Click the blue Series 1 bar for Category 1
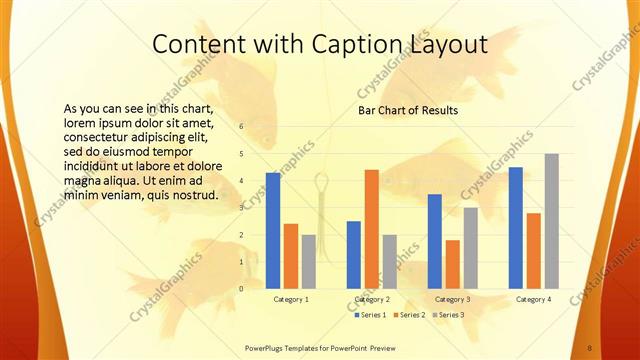[x=272, y=230]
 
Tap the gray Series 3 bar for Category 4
[x=551, y=221]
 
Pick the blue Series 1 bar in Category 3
[x=434, y=241]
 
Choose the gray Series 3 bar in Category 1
[x=309, y=261]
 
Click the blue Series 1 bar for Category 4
[x=515, y=228]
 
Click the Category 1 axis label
[x=291, y=299]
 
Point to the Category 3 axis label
[x=453, y=299]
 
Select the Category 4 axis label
[x=533, y=299]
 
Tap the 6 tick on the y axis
[x=241, y=127]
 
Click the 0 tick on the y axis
[x=241, y=289]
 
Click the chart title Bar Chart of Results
[x=408, y=110]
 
